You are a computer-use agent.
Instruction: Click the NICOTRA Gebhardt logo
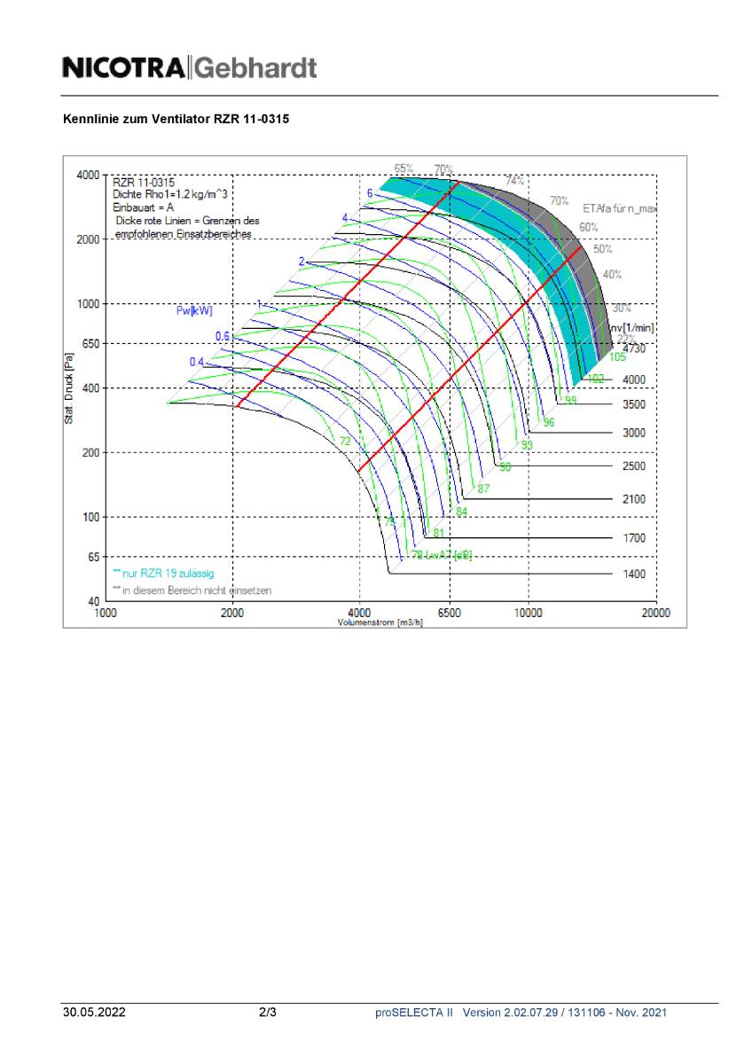point(189,67)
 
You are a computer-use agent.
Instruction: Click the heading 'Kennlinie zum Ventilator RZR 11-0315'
point(176,118)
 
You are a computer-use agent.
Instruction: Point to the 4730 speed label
point(634,349)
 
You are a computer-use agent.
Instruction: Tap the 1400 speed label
point(634,575)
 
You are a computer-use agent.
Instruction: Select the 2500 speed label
point(634,466)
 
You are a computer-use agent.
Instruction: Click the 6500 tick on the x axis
point(450,613)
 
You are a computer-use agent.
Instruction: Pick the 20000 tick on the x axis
point(655,613)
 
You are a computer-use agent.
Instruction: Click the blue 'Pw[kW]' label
point(194,310)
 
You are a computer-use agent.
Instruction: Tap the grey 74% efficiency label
point(514,181)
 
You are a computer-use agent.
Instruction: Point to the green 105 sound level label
point(617,357)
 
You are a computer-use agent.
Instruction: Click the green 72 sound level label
point(345,441)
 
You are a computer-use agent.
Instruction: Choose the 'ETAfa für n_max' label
point(619,208)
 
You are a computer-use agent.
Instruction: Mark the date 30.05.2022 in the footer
point(94,1013)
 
